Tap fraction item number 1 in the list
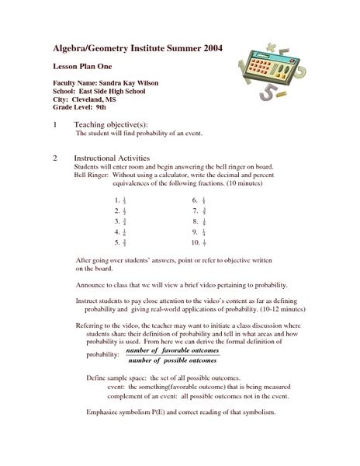click(x=120, y=200)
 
